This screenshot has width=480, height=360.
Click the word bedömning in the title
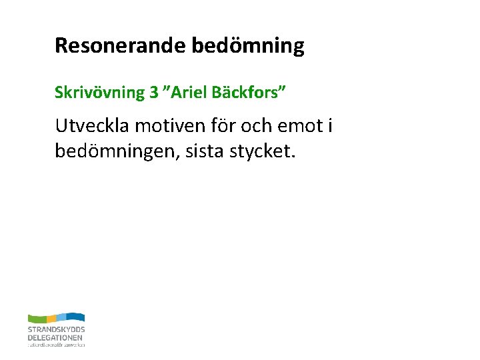pos(248,46)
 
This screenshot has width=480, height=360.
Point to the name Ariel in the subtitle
pos(189,92)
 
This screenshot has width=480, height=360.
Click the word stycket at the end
pos(269,152)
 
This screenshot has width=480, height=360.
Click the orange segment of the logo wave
pos(51,318)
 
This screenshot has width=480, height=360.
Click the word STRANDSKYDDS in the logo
pos(56,330)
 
